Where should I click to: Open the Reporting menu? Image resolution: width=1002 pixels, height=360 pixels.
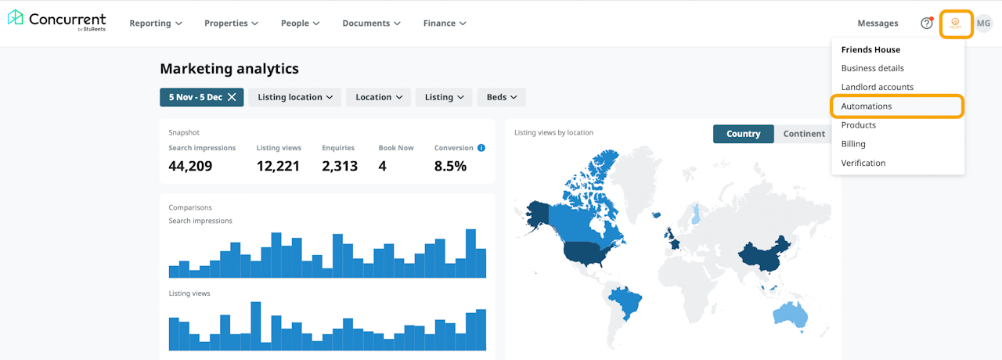click(x=156, y=23)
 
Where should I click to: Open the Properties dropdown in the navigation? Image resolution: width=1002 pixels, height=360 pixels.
click(x=231, y=23)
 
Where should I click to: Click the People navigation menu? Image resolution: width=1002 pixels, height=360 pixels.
click(x=300, y=23)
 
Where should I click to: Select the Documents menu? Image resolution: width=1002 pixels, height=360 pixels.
click(x=371, y=23)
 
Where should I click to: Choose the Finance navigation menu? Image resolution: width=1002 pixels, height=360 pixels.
click(x=445, y=23)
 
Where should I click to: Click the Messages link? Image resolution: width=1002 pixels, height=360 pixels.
click(x=878, y=23)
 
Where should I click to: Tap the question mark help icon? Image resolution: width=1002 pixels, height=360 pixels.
click(x=927, y=23)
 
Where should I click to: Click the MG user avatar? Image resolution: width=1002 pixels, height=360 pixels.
click(x=983, y=23)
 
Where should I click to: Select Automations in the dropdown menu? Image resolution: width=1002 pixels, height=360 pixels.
click(x=867, y=106)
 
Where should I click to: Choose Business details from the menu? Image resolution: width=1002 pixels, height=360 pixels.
click(x=872, y=68)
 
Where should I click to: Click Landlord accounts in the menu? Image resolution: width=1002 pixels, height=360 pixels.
click(x=877, y=87)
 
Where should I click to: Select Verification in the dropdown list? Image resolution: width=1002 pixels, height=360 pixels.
click(x=863, y=163)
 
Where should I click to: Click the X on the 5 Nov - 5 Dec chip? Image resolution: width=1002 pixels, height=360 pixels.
click(x=232, y=97)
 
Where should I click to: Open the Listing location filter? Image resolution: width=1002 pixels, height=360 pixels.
click(x=295, y=97)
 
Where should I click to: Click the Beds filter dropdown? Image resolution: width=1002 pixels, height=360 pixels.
click(x=502, y=97)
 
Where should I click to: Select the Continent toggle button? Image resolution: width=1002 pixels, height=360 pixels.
click(x=804, y=134)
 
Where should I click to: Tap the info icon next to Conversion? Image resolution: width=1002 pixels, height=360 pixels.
click(x=481, y=148)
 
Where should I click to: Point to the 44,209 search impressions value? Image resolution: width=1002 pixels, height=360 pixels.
click(x=190, y=166)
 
